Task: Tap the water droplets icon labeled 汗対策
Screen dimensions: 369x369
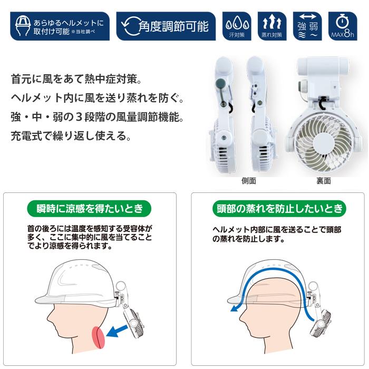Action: click(x=236, y=25)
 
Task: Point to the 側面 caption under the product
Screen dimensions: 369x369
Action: click(x=248, y=181)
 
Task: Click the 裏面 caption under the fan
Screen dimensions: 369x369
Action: click(x=323, y=181)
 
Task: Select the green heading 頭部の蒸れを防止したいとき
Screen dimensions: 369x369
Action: click(x=279, y=208)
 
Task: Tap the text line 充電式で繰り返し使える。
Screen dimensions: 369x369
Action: click(x=70, y=136)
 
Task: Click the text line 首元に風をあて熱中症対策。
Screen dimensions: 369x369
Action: click(x=76, y=81)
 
